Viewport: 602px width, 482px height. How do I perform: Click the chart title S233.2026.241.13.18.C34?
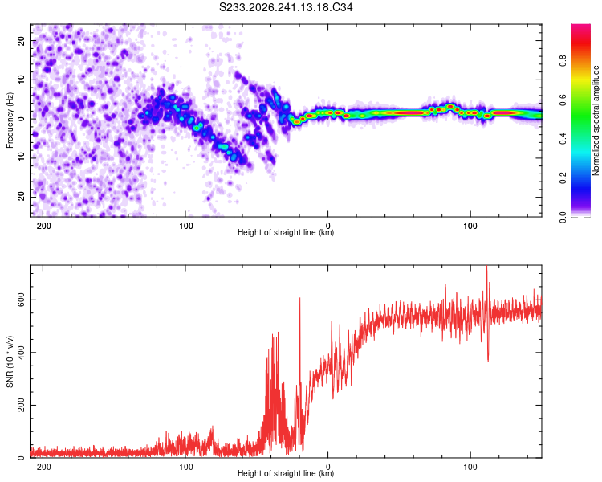286,7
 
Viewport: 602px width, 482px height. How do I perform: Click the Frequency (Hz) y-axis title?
10,120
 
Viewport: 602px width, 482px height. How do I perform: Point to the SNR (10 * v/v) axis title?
10,361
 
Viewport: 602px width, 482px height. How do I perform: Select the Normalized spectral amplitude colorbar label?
596,120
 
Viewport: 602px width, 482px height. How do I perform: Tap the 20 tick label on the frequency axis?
21,40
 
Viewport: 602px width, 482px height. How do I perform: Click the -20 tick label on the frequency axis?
21,197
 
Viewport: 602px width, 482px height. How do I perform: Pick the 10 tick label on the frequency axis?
21,80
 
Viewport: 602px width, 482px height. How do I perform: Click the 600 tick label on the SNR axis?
21,300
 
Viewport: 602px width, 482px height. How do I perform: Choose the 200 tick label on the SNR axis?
21,405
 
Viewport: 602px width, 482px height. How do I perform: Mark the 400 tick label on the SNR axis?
21,353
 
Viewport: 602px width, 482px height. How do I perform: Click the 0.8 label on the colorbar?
563,61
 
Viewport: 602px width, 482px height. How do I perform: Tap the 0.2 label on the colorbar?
563,178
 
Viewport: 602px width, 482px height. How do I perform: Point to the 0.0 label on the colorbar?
563,217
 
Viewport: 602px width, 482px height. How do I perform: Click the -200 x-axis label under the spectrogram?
43,226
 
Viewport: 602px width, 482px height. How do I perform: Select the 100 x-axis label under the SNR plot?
470,467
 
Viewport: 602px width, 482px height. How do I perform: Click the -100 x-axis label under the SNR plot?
185,467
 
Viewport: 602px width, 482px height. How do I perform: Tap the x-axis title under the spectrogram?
286,232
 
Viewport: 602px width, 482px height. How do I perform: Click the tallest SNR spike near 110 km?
487,266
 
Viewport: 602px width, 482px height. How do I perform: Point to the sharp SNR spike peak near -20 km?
300,298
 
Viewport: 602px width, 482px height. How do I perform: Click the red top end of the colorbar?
581,25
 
